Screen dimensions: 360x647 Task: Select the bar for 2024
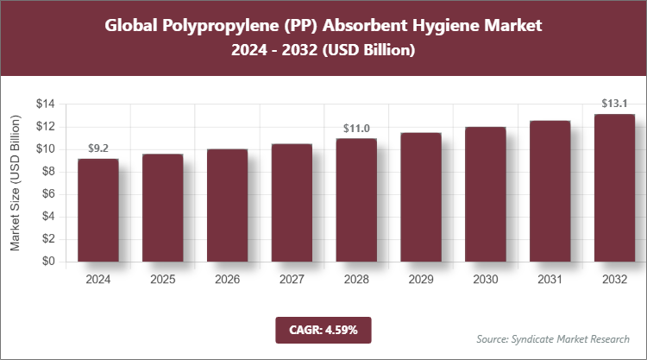(97, 210)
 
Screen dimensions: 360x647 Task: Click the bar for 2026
(227, 205)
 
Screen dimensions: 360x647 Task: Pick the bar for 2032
(614, 187)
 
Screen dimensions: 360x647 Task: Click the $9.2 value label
(97, 148)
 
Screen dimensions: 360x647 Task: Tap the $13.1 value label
(614, 104)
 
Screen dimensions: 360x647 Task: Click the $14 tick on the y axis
(45, 104)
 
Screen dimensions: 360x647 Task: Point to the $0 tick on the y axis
(48, 262)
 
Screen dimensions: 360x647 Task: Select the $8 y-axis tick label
(48, 172)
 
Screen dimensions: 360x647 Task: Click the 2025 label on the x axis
(162, 281)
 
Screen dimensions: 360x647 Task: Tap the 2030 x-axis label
(485, 281)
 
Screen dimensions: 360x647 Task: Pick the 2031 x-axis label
(550, 281)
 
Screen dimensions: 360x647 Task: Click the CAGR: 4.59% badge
(323, 329)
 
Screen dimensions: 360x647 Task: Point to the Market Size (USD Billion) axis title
(16, 182)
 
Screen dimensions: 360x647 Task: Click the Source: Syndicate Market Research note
(553, 338)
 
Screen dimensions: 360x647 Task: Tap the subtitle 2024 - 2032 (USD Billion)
(323, 51)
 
